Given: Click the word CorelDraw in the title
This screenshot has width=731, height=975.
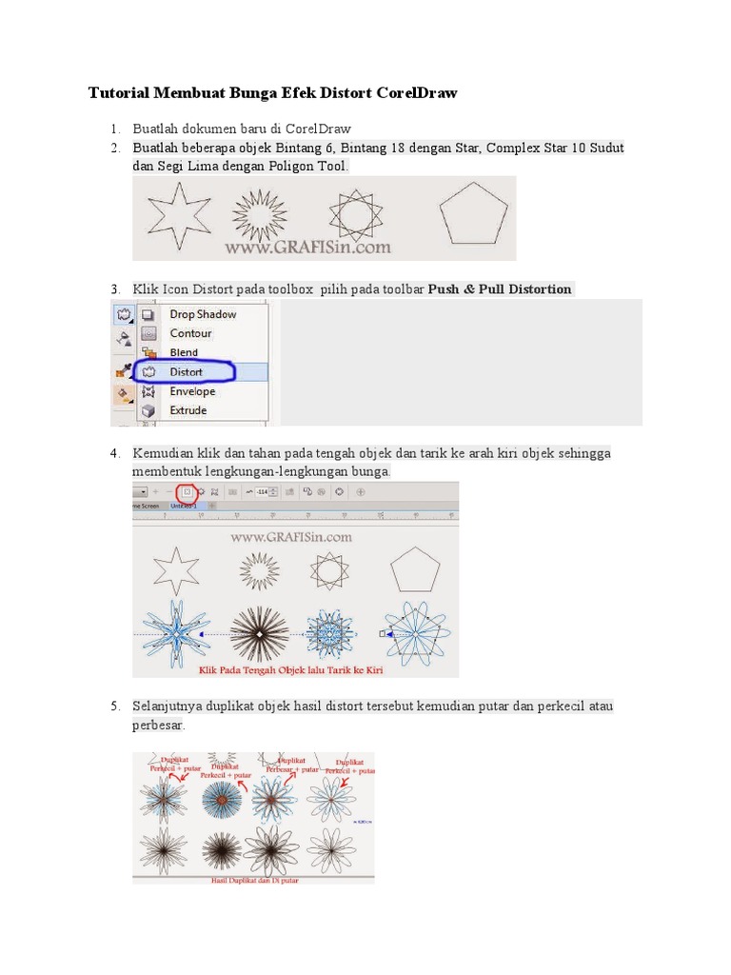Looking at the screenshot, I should (x=417, y=93).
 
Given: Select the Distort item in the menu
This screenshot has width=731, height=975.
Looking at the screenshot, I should (x=186, y=371).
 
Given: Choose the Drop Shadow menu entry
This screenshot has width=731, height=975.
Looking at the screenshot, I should (x=202, y=314).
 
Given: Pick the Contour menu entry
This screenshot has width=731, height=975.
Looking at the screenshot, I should (x=190, y=333).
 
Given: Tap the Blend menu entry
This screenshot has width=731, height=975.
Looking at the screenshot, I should (x=184, y=352).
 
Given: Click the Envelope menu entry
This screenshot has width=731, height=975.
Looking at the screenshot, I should (x=192, y=391).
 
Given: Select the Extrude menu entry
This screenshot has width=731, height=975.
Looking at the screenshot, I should (x=188, y=410).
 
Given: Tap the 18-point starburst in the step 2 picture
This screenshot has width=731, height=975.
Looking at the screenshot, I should (x=260, y=213).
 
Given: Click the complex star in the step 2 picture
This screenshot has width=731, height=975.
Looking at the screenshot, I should (x=348, y=213).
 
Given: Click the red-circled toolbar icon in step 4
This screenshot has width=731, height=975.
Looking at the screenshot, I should (x=188, y=491).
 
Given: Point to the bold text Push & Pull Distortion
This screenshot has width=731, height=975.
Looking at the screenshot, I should (x=500, y=289).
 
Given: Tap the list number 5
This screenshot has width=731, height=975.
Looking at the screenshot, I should (x=114, y=706).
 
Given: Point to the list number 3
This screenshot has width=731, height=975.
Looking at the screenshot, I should (x=114, y=289).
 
